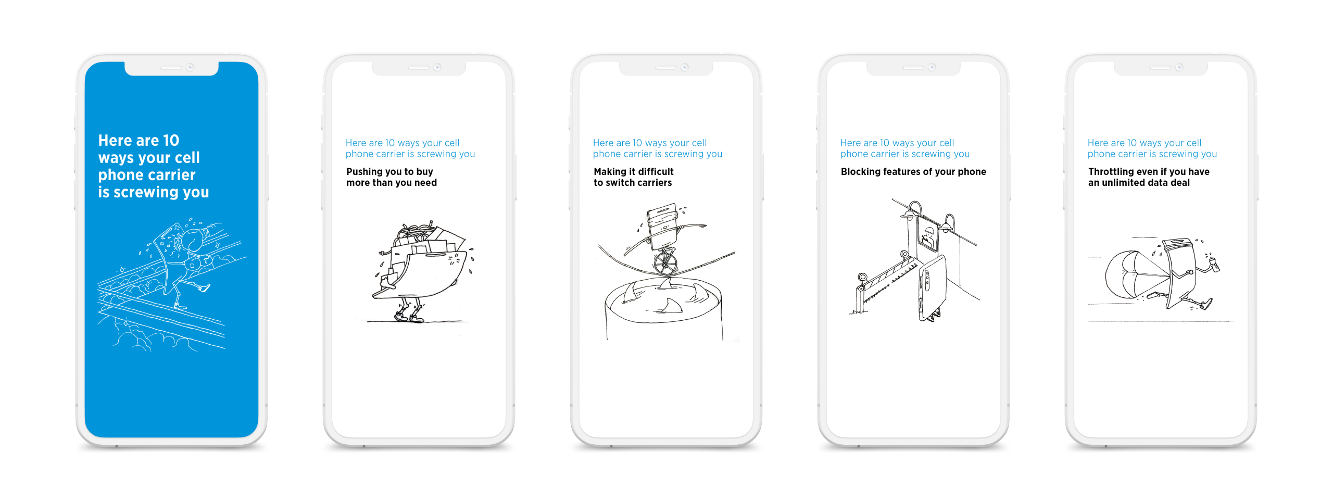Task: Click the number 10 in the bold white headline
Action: (x=171, y=141)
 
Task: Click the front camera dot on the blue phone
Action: (x=190, y=67)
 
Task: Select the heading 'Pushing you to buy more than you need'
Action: (x=392, y=177)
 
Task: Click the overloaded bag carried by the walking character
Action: (x=422, y=260)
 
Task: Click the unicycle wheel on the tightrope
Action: (x=665, y=264)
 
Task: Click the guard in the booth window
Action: (x=928, y=237)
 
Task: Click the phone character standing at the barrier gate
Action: (x=932, y=289)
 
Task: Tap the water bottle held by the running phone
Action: (x=1214, y=264)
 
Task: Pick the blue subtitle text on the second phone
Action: (x=410, y=148)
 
